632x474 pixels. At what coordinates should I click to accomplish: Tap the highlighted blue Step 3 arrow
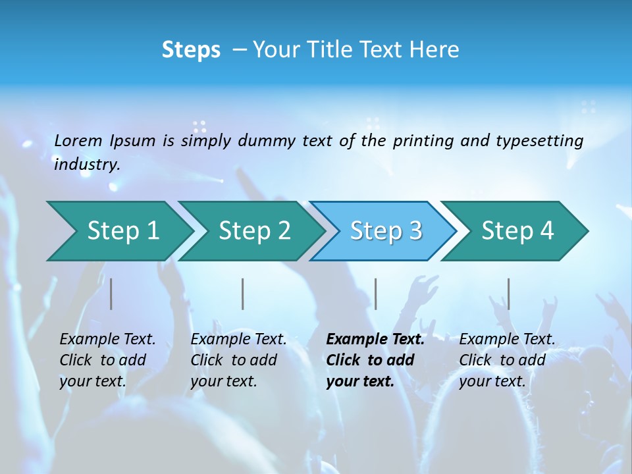click(386, 231)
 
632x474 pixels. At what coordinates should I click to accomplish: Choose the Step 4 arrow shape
click(517, 231)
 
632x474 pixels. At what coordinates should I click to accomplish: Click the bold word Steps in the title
click(191, 50)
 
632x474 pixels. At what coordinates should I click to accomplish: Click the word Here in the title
click(434, 50)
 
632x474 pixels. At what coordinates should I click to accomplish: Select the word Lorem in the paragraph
click(78, 140)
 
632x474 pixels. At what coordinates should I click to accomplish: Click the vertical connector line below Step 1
click(111, 294)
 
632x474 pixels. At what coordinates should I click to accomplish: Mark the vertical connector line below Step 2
click(243, 294)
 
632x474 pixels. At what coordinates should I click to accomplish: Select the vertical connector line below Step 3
click(376, 294)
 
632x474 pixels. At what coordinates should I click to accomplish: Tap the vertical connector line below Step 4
click(508, 294)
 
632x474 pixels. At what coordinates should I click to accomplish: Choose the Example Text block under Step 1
click(107, 360)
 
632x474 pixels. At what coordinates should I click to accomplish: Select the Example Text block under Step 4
click(507, 360)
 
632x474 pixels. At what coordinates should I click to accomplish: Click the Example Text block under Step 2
click(238, 360)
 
